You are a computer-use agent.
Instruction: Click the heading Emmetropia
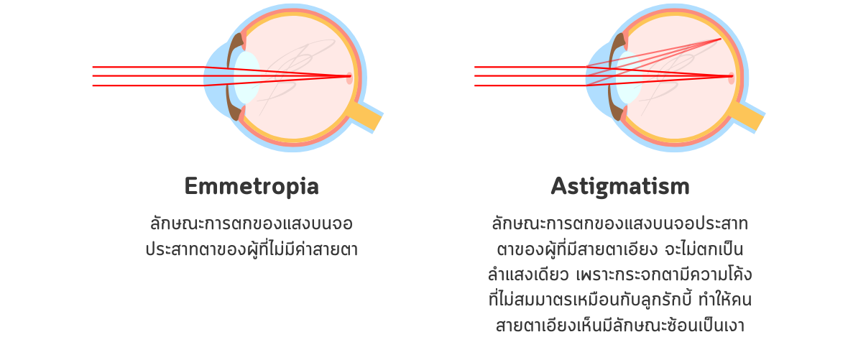(x=252, y=187)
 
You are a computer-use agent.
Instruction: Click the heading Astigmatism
(x=620, y=187)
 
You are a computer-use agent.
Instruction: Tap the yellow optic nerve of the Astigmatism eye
(x=748, y=116)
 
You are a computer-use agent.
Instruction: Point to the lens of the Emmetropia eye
(x=246, y=78)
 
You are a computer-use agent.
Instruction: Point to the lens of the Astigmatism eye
(x=628, y=78)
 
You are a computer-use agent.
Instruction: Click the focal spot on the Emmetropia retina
(x=349, y=78)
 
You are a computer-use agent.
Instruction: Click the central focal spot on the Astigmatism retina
(x=731, y=78)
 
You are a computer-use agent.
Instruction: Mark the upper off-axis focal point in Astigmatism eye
(x=720, y=39)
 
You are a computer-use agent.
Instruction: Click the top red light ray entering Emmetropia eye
(x=149, y=67)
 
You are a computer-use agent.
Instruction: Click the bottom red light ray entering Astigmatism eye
(x=530, y=86)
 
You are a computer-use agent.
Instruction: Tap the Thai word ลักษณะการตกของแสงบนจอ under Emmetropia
(x=252, y=223)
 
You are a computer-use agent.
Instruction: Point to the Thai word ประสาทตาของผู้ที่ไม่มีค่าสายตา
(x=252, y=250)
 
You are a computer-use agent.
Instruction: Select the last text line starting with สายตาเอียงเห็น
(x=620, y=326)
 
